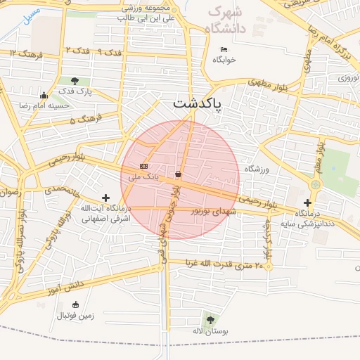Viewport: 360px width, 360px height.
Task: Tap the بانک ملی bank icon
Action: pyautogui.click(x=144, y=166)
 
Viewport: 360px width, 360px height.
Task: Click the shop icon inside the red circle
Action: pyautogui.click(x=178, y=173)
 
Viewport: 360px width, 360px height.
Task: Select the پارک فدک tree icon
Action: pyautogui.click(x=75, y=81)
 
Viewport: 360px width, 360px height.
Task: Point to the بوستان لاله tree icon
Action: pyautogui.click(x=208, y=320)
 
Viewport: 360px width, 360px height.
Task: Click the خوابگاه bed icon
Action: pyautogui.click(x=224, y=49)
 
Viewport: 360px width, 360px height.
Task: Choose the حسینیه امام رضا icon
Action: pyautogui.click(x=44, y=96)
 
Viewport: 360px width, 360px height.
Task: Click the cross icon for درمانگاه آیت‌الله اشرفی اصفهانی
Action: pyautogui.click(x=105, y=198)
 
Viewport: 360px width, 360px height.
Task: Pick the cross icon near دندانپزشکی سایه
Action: pyautogui.click(x=307, y=202)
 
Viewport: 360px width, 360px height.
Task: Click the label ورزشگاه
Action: pyautogui.click(x=257, y=169)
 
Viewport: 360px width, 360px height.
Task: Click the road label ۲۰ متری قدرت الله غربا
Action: pyautogui.click(x=224, y=264)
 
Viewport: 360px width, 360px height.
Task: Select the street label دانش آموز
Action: pyautogui.click(x=66, y=286)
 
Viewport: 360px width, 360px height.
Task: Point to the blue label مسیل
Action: pyautogui.click(x=31, y=16)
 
